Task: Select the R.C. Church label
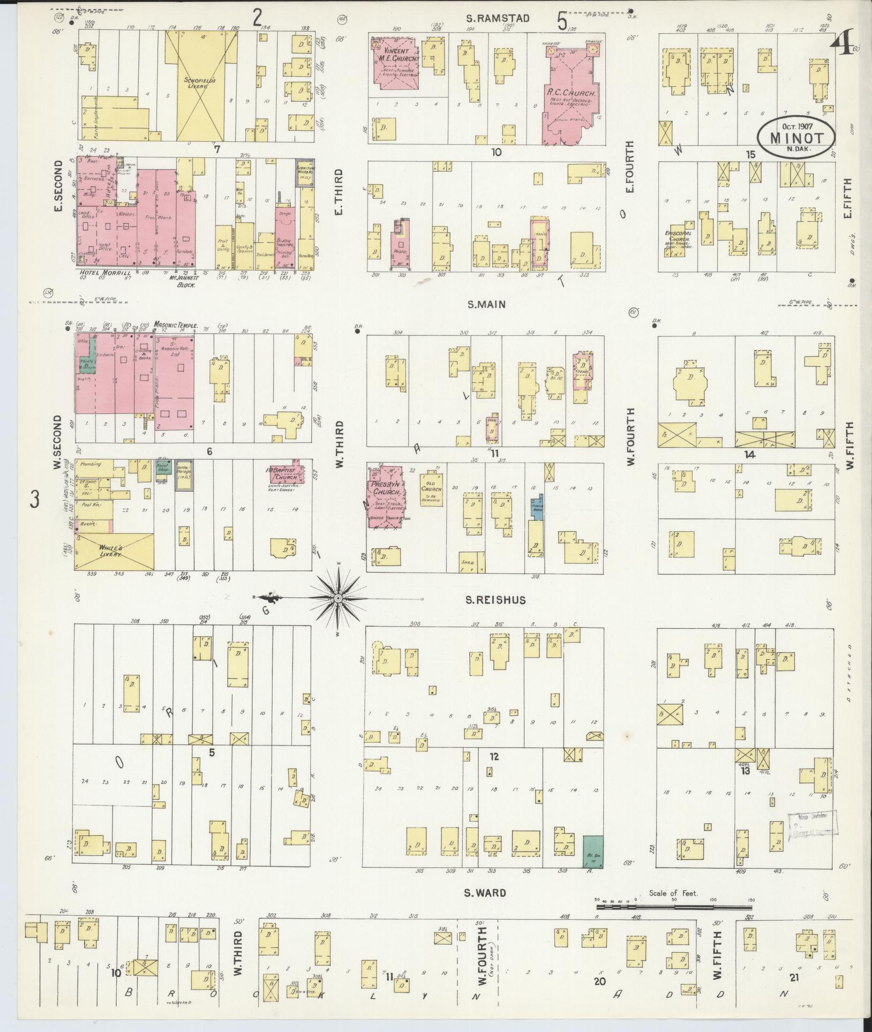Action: click(572, 92)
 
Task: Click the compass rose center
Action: click(339, 598)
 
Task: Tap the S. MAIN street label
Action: click(486, 304)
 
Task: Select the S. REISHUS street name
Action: click(495, 600)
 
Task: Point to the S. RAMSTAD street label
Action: click(498, 18)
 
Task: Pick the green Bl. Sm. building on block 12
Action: click(592, 852)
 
